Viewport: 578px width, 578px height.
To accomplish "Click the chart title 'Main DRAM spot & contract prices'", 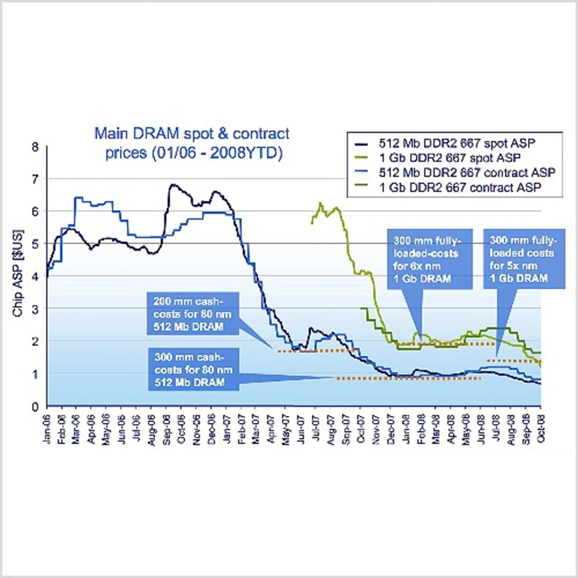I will (x=192, y=143).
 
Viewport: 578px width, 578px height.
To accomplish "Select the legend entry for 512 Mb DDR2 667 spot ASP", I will (x=457, y=144).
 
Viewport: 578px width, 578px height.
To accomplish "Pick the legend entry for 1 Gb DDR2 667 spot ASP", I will (x=449, y=158).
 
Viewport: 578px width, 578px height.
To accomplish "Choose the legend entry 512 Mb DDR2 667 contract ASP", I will (x=467, y=172).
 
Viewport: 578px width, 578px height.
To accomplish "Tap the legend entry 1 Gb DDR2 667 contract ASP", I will (x=460, y=187).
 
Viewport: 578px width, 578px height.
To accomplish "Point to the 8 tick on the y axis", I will (x=35, y=147).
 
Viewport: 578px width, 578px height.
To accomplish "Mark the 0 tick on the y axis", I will (x=35, y=407).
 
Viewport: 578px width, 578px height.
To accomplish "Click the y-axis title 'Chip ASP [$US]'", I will (x=18, y=273).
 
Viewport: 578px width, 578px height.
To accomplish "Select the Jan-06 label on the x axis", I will (x=48, y=429).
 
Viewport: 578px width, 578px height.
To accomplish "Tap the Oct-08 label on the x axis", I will (x=541, y=429).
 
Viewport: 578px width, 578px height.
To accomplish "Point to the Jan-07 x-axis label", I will (x=227, y=429).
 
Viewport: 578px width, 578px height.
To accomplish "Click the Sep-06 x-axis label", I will (x=167, y=429).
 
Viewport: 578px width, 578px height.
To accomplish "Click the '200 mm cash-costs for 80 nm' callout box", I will (x=192, y=314).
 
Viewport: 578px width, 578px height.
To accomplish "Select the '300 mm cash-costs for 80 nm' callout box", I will (x=193, y=369).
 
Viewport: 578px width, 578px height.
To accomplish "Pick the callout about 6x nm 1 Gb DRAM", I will (x=429, y=259).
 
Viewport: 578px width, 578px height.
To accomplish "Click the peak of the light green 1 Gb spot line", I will (x=321, y=204).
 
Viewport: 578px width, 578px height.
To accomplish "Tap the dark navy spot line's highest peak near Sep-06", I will (x=172, y=185).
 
